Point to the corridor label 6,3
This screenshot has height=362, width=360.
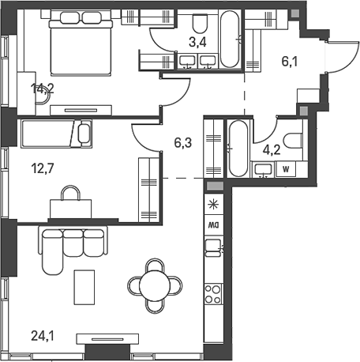coord(182,144)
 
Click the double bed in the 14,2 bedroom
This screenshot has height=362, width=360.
coord(79,47)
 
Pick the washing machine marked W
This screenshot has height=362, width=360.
coord(284,168)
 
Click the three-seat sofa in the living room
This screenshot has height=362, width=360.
coord(62,244)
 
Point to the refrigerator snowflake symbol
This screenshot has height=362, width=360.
coord(212,205)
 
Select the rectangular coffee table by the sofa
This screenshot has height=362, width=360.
coord(84,287)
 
